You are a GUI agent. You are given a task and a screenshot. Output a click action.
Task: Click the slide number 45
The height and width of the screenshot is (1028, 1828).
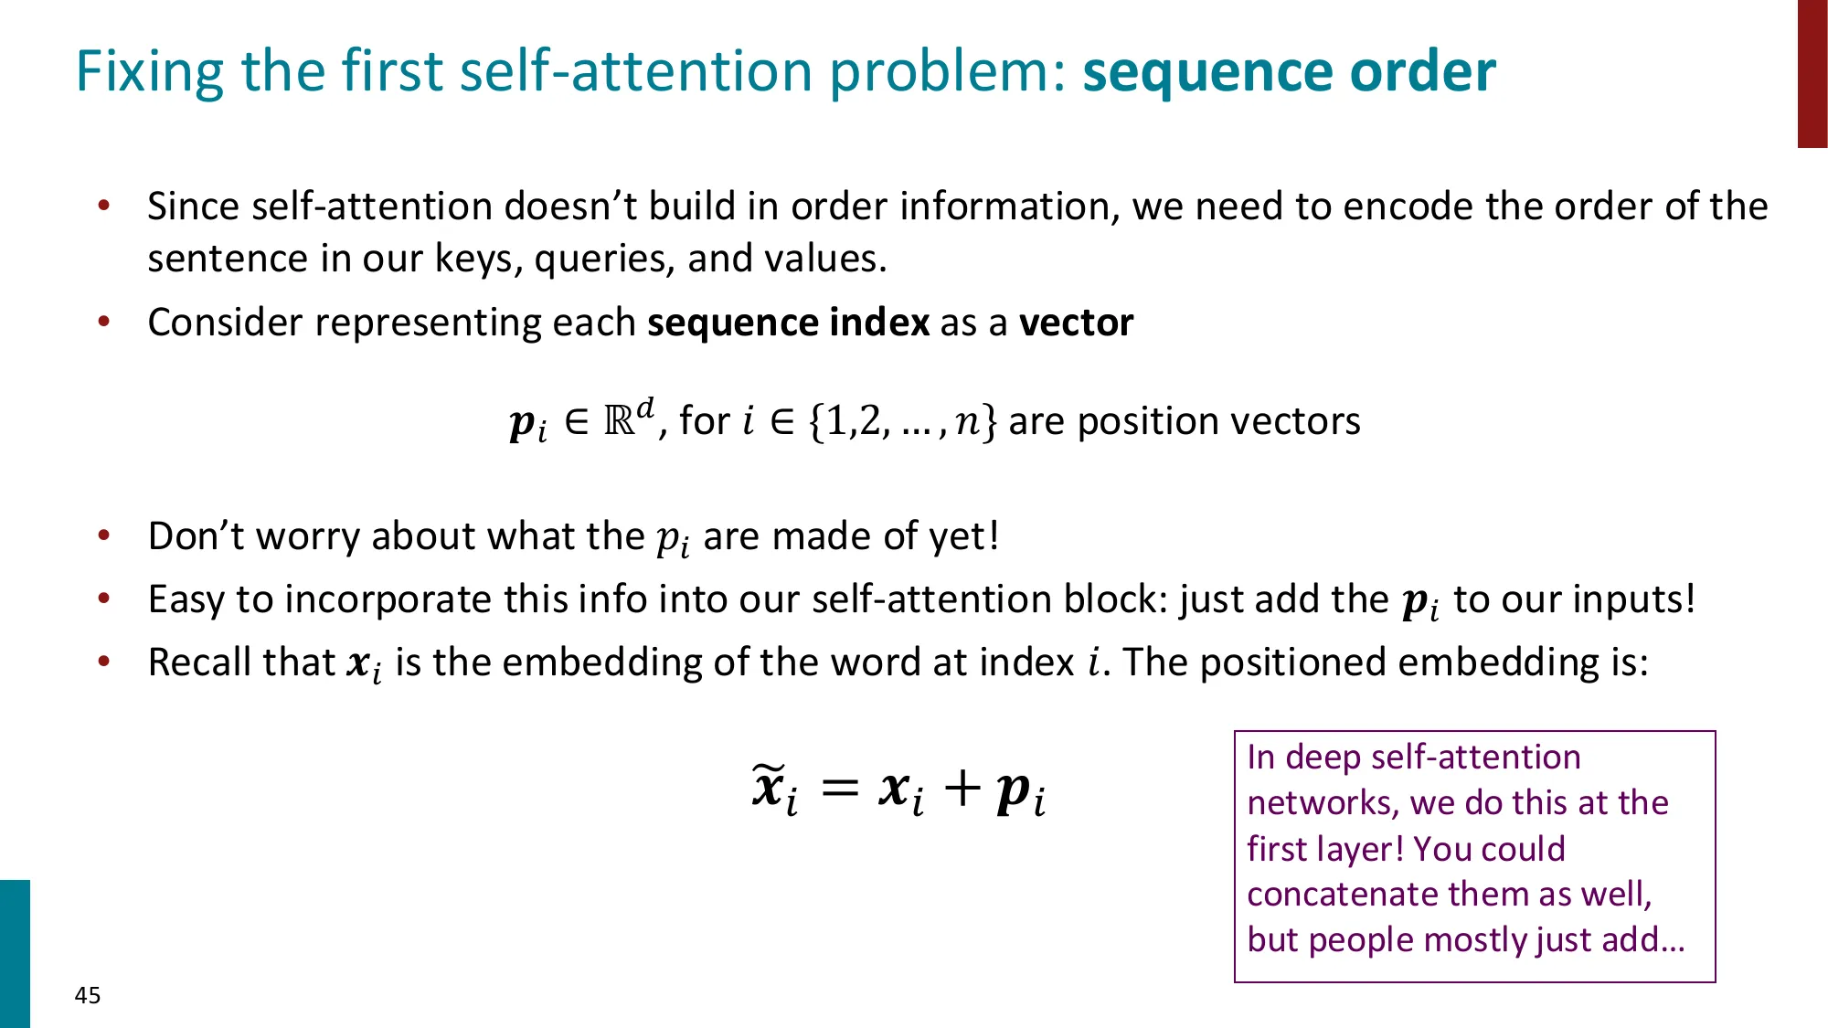coord(88,995)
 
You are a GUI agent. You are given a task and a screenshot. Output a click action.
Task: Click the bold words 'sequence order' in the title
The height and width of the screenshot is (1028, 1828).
coord(1289,71)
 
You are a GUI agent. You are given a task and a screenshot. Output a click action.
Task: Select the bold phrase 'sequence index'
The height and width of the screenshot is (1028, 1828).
coord(788,323)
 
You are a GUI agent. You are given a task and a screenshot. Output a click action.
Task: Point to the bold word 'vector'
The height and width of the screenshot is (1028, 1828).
coord(1076,323)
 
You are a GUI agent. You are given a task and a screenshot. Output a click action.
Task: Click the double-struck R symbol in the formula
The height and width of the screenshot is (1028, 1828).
coord(620,420)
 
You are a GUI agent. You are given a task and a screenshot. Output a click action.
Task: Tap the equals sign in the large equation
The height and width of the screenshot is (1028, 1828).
coord(840,788)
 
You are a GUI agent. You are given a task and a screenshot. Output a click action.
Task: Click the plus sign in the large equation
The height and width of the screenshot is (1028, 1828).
coord(962,788)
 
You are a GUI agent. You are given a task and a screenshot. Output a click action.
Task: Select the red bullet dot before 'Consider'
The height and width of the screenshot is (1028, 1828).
coord(104,322)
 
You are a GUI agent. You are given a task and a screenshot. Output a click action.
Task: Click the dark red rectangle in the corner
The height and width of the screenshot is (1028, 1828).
coord(1812,73)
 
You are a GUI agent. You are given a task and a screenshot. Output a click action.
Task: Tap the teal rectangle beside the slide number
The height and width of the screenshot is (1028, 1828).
coord(15,953)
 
